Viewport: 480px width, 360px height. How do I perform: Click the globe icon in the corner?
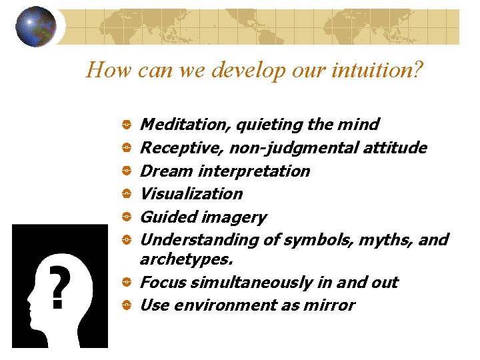click(36, 27)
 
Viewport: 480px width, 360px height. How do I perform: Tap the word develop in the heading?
click(232, 69)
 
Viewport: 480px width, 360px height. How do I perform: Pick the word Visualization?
click(191, 194)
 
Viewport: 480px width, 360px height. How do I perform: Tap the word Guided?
click(163, 217)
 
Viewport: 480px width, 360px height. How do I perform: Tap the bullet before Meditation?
click(126, 125)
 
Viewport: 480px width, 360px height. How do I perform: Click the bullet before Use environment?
click(126, 306)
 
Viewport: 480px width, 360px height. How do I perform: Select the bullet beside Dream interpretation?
click(126, 171)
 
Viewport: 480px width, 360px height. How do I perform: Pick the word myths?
click(393, 239)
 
